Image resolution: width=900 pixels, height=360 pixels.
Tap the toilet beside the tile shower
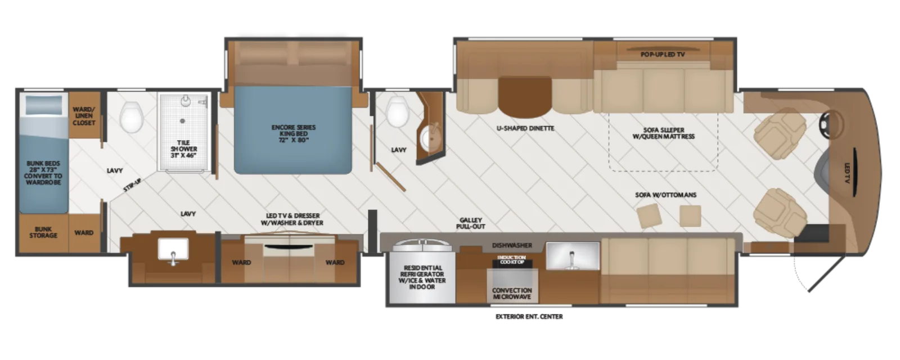pos(132,116)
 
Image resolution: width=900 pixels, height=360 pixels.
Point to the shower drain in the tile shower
pos(182,120)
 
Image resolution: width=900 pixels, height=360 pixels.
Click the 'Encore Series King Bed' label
pos(293,134)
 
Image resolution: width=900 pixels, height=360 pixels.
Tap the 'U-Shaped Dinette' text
pos(525,128)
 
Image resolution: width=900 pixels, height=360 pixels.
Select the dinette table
pos(525,96)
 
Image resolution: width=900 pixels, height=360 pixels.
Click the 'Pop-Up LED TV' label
pos(663,54)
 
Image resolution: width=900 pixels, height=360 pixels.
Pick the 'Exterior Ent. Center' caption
pos(529,317)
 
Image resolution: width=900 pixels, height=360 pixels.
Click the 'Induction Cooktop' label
pos(512,259)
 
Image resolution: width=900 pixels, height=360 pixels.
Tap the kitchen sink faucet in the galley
pos(572,258)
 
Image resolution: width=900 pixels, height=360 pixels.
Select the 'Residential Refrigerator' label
pos(422,277)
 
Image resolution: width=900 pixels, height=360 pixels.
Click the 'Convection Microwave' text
pos(512,293)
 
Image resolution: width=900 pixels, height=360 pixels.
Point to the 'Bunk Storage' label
pos(43,232)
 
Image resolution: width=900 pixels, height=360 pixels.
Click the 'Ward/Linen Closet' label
pos(84,116)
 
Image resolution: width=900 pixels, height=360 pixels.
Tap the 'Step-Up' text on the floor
pos(132,185)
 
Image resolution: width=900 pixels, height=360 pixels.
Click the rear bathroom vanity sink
pos(173,250)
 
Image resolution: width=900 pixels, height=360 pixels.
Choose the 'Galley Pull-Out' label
pos(470,223)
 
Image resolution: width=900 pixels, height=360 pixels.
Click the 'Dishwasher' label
pos(512,245)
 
